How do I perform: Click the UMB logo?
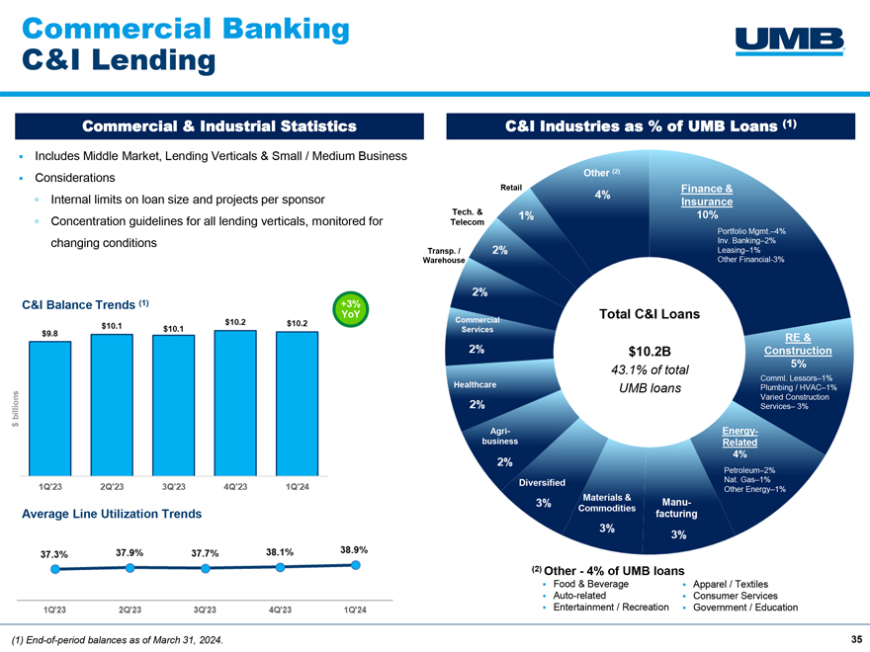click(x=790, y=41)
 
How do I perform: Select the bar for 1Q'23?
click(x=50, y=408)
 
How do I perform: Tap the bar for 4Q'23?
click(x=235, y=402)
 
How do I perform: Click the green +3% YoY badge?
click(x=350, y=309)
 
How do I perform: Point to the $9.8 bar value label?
click(x=50, y=333)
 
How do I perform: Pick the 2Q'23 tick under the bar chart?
click(x=112, y=487)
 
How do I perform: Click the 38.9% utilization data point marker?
click(x=356, y=565)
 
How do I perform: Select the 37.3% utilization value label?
click(x=53, y=554)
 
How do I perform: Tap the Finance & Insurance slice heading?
click(x=707, y=196)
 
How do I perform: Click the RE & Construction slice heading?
click(x=798, y=344)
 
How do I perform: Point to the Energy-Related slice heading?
click(x=739, y=437)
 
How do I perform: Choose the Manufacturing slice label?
click(x=676, y=508)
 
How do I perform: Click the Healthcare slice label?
click(x=475, y=384)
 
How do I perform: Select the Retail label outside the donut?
click(x=511, y=188)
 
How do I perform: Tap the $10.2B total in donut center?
click(x=650, y=352)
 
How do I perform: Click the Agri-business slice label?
click(x=500, y=436)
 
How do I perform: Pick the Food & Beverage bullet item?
click(x=591, y=584)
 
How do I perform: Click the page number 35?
click(x=856, y=639)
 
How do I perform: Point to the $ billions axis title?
click(x=16, y=409)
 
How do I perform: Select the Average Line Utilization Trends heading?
click(x=112, y=514)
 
